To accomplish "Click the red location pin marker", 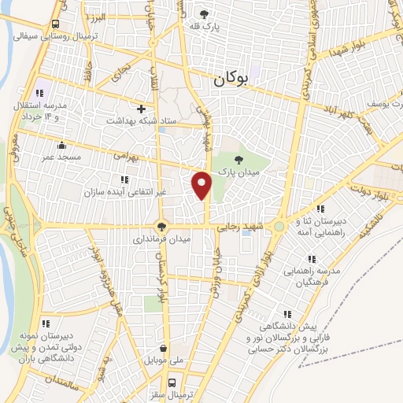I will pyautogui.click(x=202, y=184).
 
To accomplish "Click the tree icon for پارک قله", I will pyautogui.click(x=205, y=14).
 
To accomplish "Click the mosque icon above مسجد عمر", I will pyautogui.click(x=61, y=145).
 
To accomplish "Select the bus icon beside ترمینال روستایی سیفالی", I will pyautogui.click(x=54, y=24).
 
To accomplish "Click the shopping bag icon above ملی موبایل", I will pyautogui.click(x=163, y=348).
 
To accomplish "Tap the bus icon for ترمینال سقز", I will pyautogui.click(x=163, y=379).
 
